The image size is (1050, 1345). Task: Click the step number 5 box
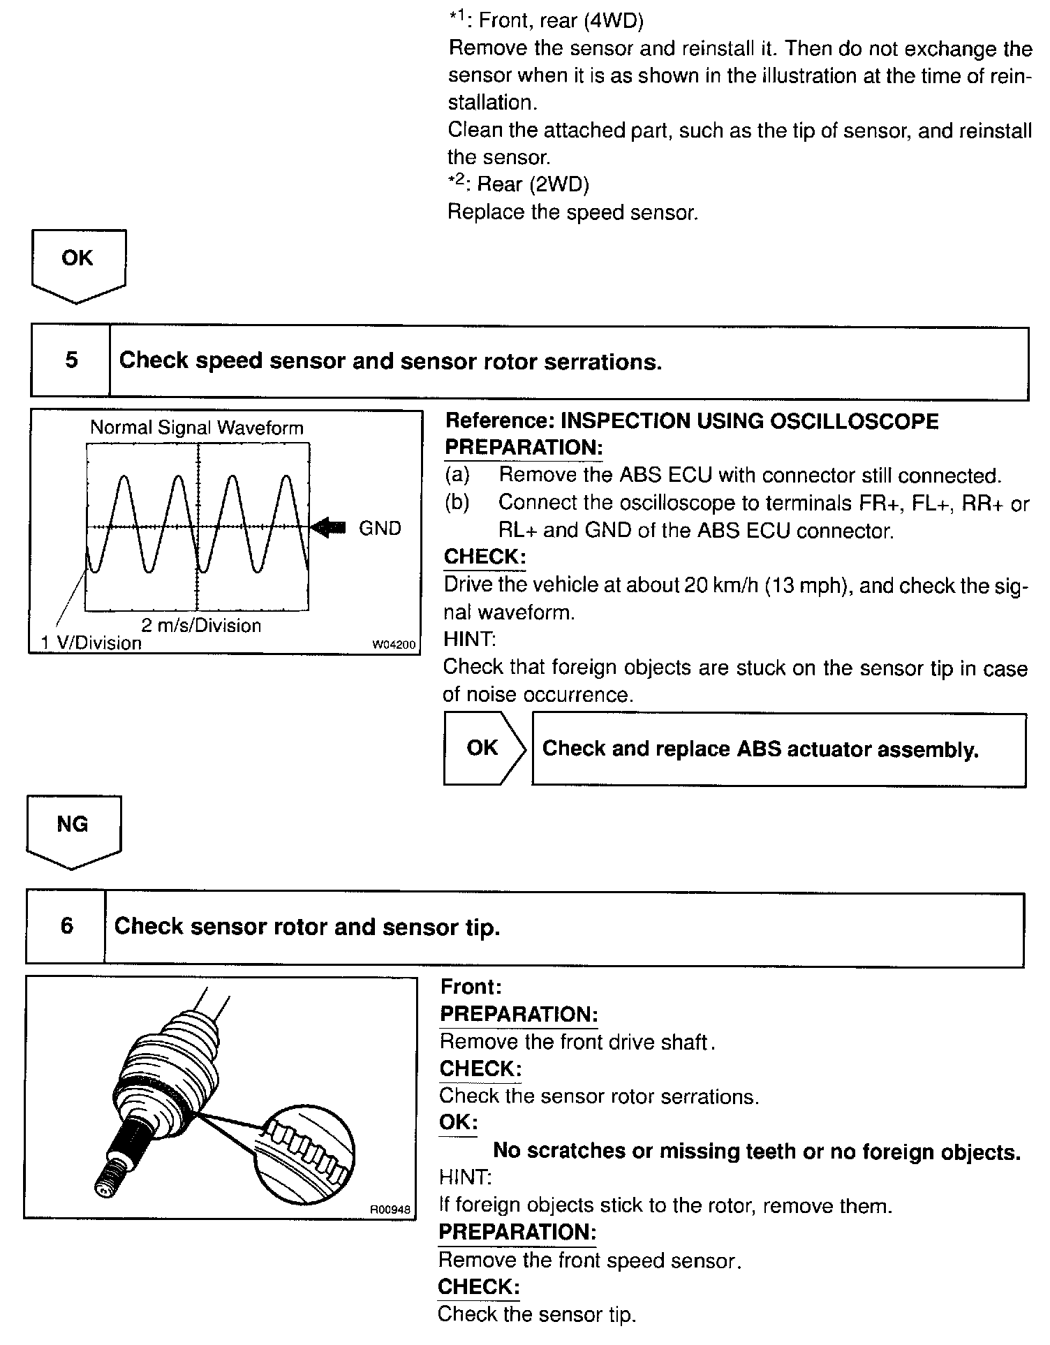tap(71, 360)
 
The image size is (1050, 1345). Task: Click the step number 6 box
tap(66, 926)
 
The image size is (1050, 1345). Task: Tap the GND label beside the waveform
tap(380, 528)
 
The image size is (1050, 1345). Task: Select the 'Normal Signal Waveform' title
tap(197, 427)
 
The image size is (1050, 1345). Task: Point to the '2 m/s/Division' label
tap(201, 625)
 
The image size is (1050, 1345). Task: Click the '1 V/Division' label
tap(91, 642)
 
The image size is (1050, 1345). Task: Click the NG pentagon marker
tap(73, 828)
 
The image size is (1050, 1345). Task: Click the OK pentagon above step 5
tap(77, 262)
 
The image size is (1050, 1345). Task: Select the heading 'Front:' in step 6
tap(471, 987)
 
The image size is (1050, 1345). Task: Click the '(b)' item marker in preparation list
tap(457, 503)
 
